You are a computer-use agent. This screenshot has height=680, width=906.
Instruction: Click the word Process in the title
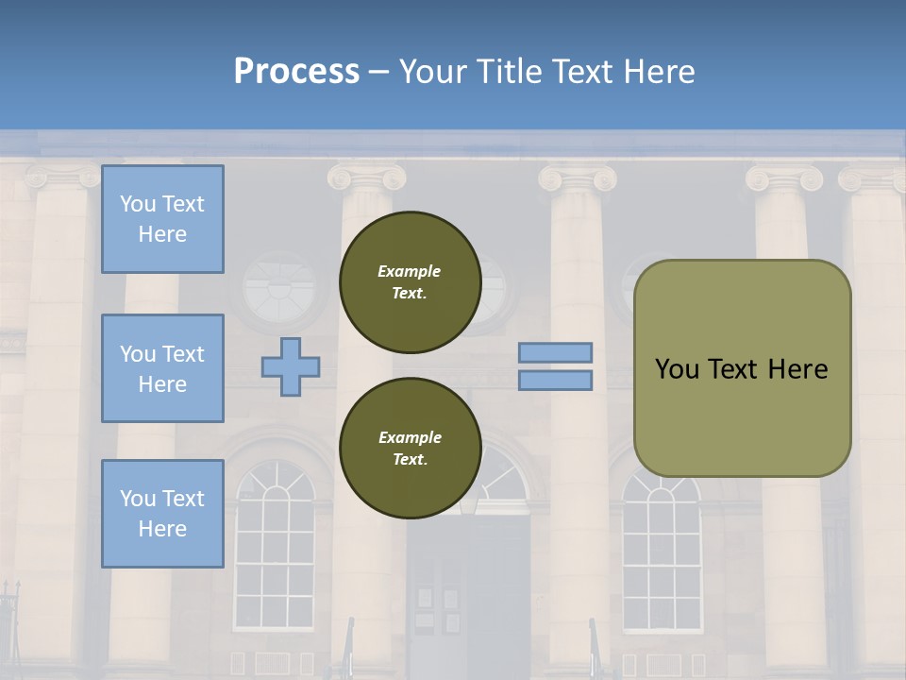click(296, 72)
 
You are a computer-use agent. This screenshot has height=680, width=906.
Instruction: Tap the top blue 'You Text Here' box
click(162, 219)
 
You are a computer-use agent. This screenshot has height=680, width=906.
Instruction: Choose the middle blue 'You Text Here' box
click(162, 368)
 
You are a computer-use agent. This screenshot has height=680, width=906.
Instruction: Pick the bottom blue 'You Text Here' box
click(162, 513)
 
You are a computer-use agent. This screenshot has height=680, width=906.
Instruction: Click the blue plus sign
click(291, 366)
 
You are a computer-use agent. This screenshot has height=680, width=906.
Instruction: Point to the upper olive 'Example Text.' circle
click(410, 282)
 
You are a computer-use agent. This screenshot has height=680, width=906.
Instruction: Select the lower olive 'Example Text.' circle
click(410, 449)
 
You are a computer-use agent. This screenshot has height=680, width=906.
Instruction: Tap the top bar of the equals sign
click(555, 353)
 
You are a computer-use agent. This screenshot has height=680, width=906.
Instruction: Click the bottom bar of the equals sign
click(555, 381)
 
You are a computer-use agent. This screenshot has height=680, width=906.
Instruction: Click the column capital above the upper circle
click(367, 178)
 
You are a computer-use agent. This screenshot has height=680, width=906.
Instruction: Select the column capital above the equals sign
click(577, 178)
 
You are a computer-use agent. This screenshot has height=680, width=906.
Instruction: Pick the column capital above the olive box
click(783, 178)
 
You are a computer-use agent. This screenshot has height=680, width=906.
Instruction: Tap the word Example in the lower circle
click(410, 437)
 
